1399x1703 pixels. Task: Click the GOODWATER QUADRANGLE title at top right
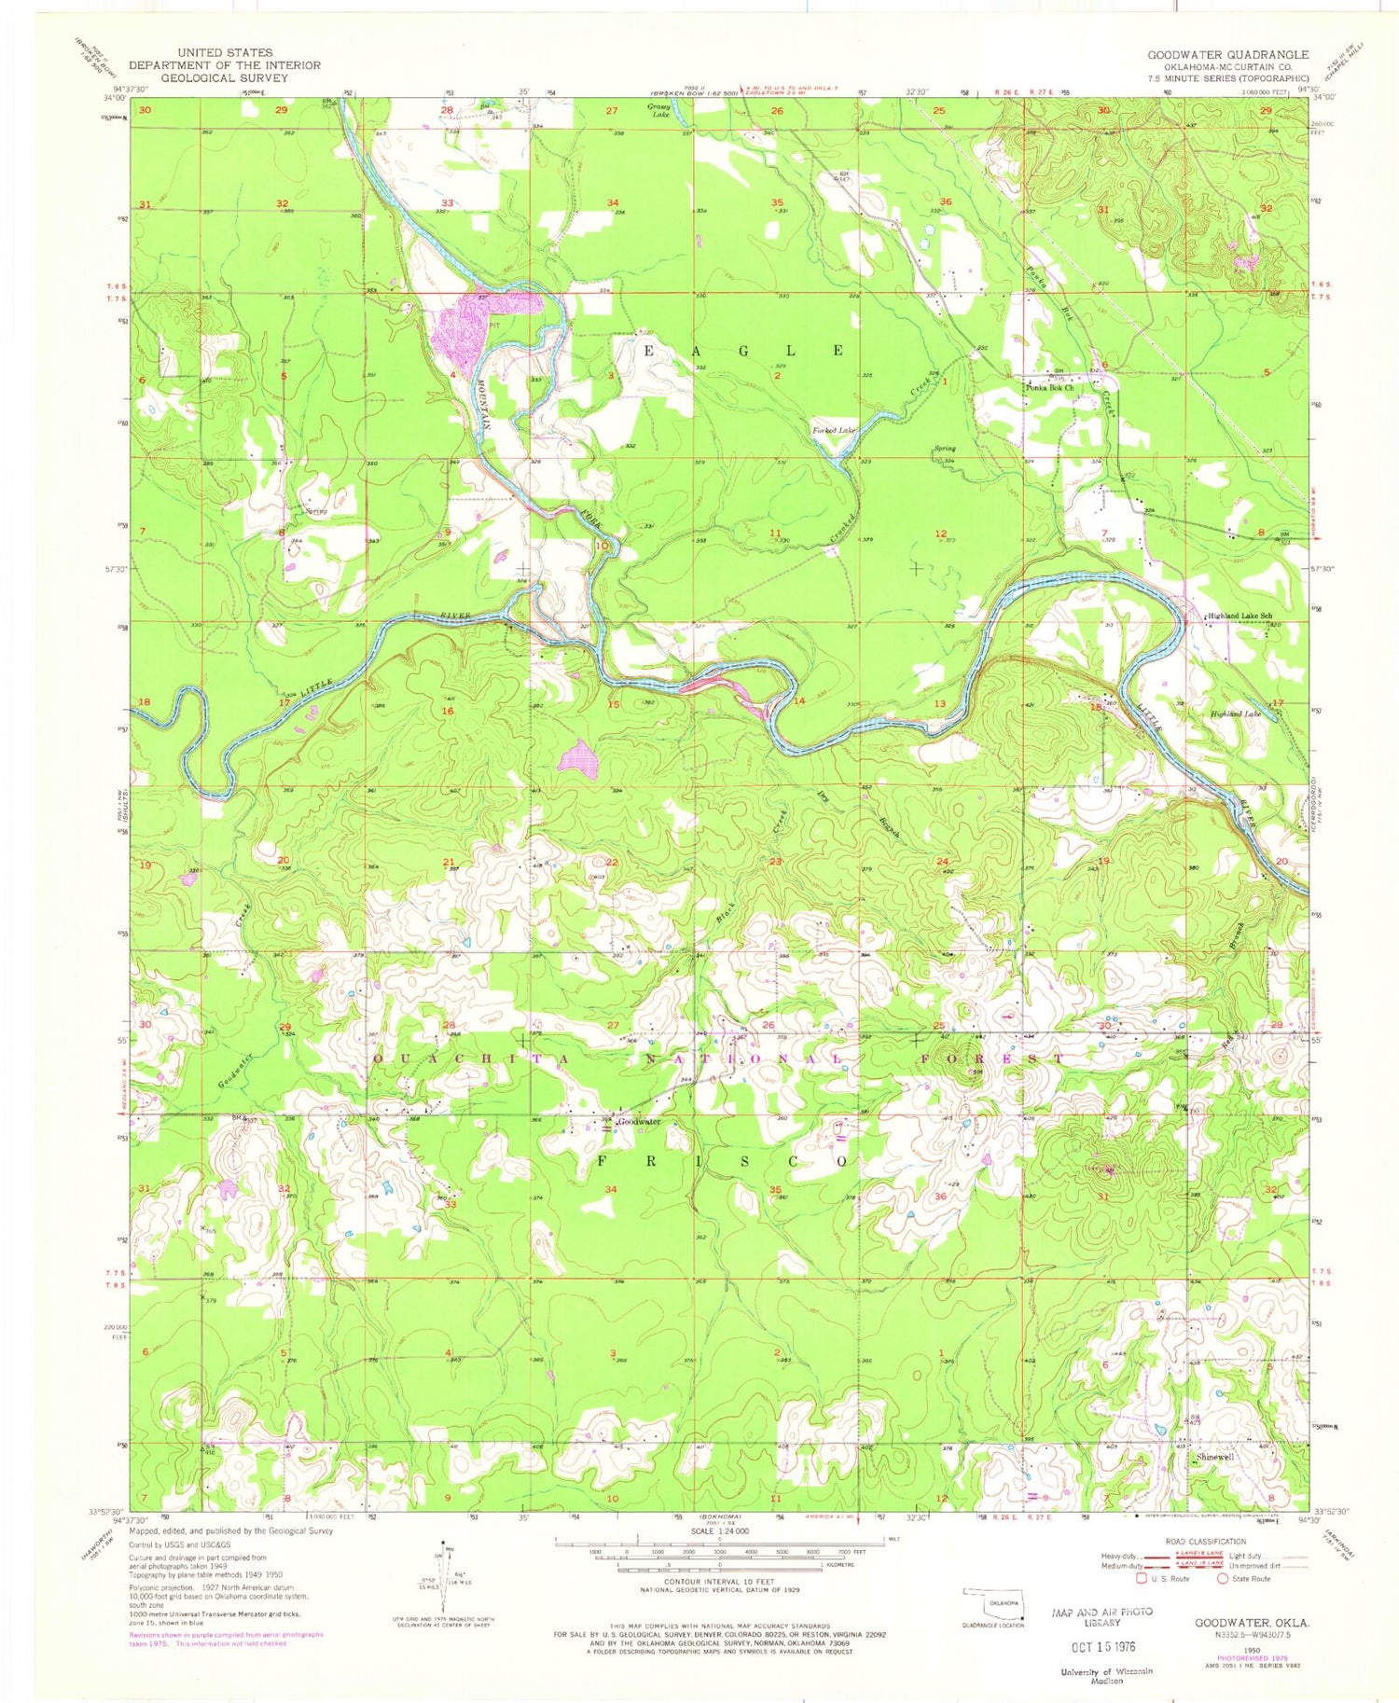tap(1227, 55)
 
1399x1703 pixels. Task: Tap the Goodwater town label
tap(639, 1122)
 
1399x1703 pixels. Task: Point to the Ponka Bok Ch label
tap(1050, 387)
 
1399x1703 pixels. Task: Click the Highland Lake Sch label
tap(1240, 616)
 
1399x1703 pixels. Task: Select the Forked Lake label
tap(834, 430)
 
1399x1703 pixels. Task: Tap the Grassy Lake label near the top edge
tap(661, 109)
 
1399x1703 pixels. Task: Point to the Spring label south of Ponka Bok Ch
tap(945, 449)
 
